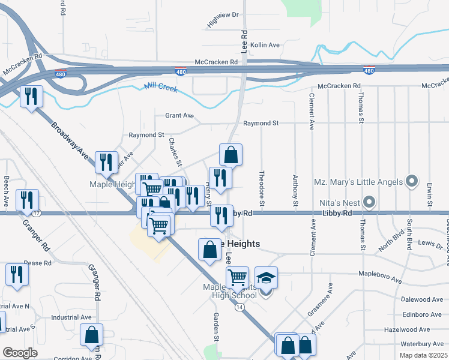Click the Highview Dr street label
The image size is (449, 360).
(223, 20)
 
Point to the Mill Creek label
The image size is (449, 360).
(161, 88)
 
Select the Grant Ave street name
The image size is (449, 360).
(179, 115)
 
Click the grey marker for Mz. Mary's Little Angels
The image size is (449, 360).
(411, 180)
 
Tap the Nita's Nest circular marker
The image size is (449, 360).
(370, 202)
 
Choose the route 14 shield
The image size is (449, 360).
(240, 307)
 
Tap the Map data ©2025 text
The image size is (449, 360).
(423, 354)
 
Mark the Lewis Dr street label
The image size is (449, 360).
(431, 245)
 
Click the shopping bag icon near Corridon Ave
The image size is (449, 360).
(91, 335)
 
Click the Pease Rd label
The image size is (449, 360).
(37, 263)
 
